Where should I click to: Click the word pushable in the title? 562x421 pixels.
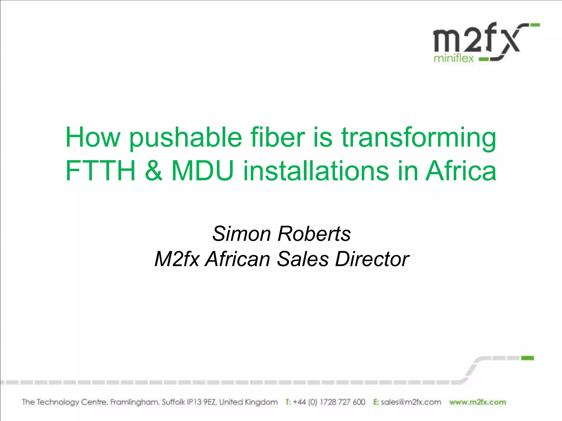pos(186,138)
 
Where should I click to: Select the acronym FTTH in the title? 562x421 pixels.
pos(101,171)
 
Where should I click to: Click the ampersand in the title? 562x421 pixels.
pos(154,171)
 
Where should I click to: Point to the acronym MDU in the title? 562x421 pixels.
pos(203,171)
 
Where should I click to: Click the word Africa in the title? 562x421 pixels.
pos(461,171)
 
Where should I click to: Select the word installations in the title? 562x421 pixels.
pos(316,171)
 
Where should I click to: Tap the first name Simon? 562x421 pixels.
pos(241,234)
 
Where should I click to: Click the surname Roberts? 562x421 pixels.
pos(314,234)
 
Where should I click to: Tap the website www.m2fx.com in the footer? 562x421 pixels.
pos(477,402)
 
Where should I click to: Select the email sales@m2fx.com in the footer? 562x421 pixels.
pos(411,402)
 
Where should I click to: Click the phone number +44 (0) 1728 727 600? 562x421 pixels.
pos(329,402)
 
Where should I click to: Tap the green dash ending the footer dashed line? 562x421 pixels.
pos(527,358)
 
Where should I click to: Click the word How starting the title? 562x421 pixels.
pos(93,138)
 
